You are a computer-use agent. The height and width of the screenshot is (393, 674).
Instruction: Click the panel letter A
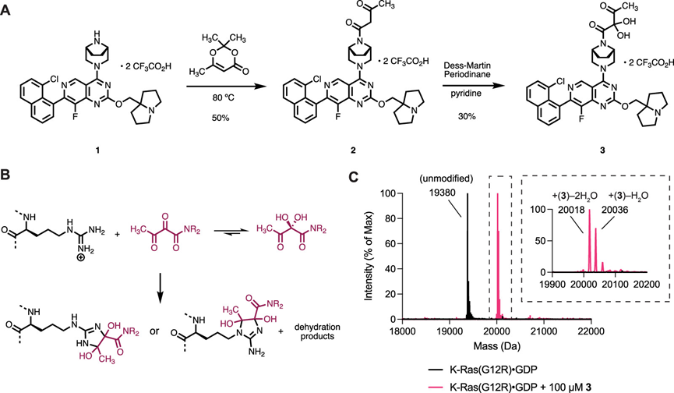coord(6,9)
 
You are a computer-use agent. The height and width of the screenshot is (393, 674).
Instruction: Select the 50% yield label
coord(220,118)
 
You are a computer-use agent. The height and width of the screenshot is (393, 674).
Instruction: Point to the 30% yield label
coord(467,116)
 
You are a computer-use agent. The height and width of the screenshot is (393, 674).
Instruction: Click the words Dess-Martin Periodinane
coord(468,69)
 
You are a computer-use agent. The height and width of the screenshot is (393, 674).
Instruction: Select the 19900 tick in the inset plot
coord(552,285)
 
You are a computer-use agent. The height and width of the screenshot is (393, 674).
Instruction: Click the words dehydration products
coord(317,331)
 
